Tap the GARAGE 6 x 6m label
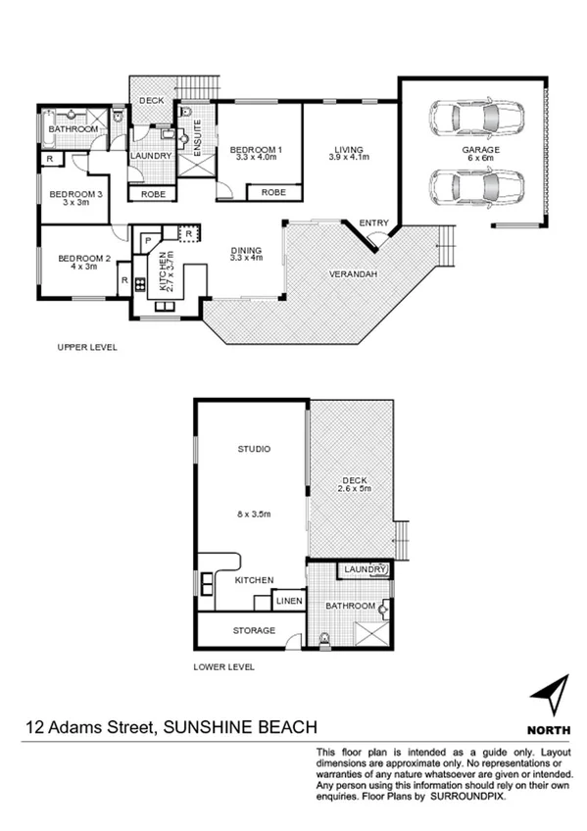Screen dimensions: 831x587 [481, 155]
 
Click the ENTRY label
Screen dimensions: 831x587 [373, 223]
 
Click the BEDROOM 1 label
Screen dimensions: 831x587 [256, 154]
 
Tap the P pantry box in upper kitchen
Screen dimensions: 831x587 [147, 239]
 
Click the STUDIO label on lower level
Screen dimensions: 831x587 [254, 450]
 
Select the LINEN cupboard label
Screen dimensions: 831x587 [288, 601]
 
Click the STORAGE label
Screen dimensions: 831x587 [253, 630]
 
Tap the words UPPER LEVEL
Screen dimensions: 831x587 [87, 347]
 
